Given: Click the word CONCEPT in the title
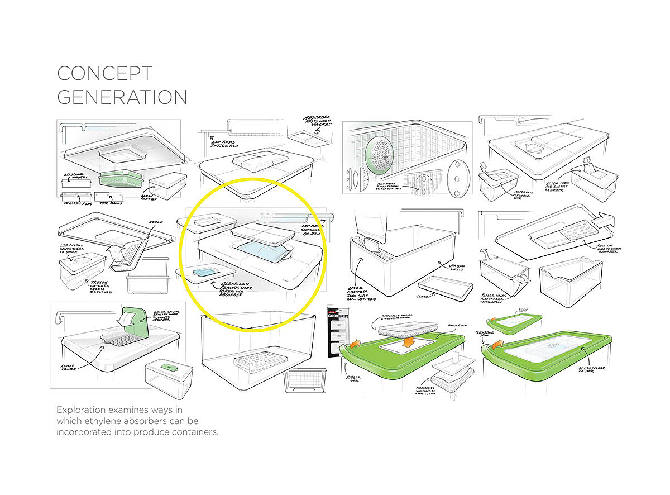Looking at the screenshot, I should (105, 74).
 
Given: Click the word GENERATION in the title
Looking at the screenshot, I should (122, 97).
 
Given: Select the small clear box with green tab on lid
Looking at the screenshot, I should (168, 371).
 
